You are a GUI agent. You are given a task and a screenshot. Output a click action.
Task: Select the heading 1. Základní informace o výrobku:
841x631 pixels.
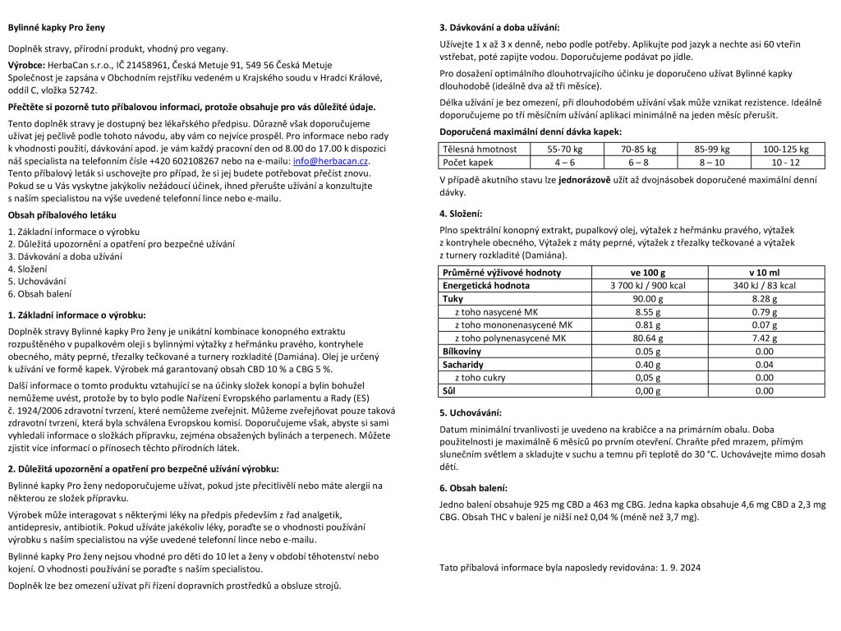pyautogui.click(x=76, y=315)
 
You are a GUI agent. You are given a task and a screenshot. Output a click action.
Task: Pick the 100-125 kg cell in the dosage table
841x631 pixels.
pyautogui.click(x=785, y=150)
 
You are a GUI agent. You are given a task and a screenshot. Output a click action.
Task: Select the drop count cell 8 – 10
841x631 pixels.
pyautogui.click(x=711, y=163)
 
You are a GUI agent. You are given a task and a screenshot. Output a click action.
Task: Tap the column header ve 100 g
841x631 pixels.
pyautogui.click(x=648, y=273)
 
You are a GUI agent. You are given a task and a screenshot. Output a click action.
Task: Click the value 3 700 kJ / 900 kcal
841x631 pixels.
pyautogui.click(x=648, y=286)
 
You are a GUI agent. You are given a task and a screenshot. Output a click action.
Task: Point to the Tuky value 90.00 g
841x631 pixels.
pyautogui.click(x=648, y=299)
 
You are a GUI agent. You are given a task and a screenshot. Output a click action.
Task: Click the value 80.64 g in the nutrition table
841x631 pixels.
pyautogui.click(x=648, y=338)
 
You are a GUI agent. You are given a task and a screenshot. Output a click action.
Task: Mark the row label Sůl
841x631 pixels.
pyautogui.click(x=450, y=390)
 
